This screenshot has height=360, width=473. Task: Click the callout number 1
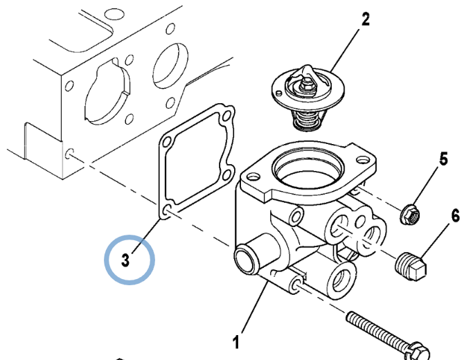(x=236, y=341)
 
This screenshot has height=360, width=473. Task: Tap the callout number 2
(x=365, y=20)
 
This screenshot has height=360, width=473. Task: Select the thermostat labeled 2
(x=305, y=93)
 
